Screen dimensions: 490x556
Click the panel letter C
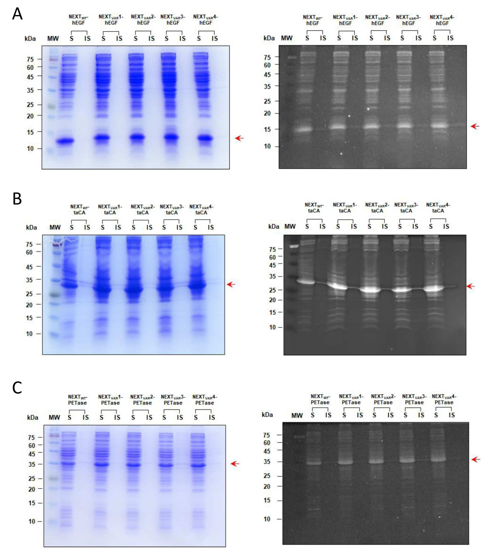(x=17, y=388)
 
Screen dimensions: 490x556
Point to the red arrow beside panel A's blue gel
(x=240, y=138)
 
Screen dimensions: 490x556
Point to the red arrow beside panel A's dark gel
(x=475, y=126)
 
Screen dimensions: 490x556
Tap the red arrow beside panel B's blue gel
(x=231, y=285)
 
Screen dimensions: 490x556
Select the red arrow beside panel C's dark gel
(x=476, y=460)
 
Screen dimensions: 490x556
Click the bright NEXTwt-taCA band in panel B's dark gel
(x=306, y=282)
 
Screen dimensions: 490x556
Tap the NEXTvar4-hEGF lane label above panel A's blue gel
(x=205, y=19)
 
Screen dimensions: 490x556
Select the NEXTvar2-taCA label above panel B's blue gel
(x=143, y=209)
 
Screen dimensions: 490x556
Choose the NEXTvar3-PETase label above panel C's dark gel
(x=414, y=399)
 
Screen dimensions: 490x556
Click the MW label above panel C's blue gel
(x=54, y=417)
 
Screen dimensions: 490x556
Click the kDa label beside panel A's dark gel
(x=269, y=38)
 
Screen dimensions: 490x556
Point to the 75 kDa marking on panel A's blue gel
(x=30, y=59)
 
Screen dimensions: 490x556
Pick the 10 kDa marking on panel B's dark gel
(x=273, y=327)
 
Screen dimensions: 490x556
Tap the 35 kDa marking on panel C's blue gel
(x=32, y=464)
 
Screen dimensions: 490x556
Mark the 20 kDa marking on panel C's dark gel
(x=267, y=486)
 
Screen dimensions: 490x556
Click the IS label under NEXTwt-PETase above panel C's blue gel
(x=86, y=417)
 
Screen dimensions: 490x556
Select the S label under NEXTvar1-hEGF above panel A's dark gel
(x=339, y=38)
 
